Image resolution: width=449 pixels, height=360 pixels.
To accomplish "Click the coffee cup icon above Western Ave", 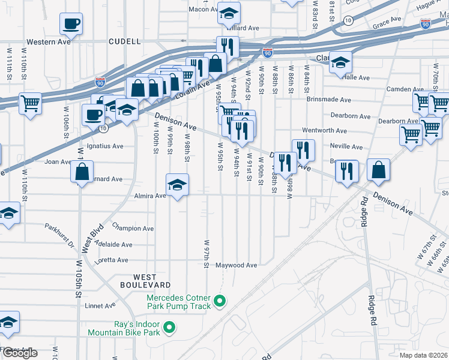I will click(x=71, y=24).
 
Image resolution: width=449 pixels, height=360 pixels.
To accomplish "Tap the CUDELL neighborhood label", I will click(x=124, y=42).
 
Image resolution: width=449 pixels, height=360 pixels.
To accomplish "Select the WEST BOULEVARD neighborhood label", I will click(x=143, y=280).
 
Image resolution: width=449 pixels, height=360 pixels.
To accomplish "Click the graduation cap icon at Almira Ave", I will click(x=177, y=185).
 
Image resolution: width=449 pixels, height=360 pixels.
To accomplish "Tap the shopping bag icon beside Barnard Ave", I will click(x=82, y=171).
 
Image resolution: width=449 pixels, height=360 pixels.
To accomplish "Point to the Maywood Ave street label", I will click(x=237, y=265).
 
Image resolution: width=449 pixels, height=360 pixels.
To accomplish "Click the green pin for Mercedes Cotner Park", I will click(x=220, y=301).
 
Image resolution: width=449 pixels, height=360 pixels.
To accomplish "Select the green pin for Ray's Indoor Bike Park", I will click(x=170, y=328).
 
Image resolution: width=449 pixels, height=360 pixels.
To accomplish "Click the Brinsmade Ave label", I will click(x=329, y=100).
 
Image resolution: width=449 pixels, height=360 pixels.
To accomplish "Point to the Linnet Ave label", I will click(x=100, y=305).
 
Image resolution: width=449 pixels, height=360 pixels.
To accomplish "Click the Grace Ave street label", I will click(x=387, y=23).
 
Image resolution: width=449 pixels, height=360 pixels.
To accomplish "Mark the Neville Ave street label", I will click(x=346, y=146).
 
